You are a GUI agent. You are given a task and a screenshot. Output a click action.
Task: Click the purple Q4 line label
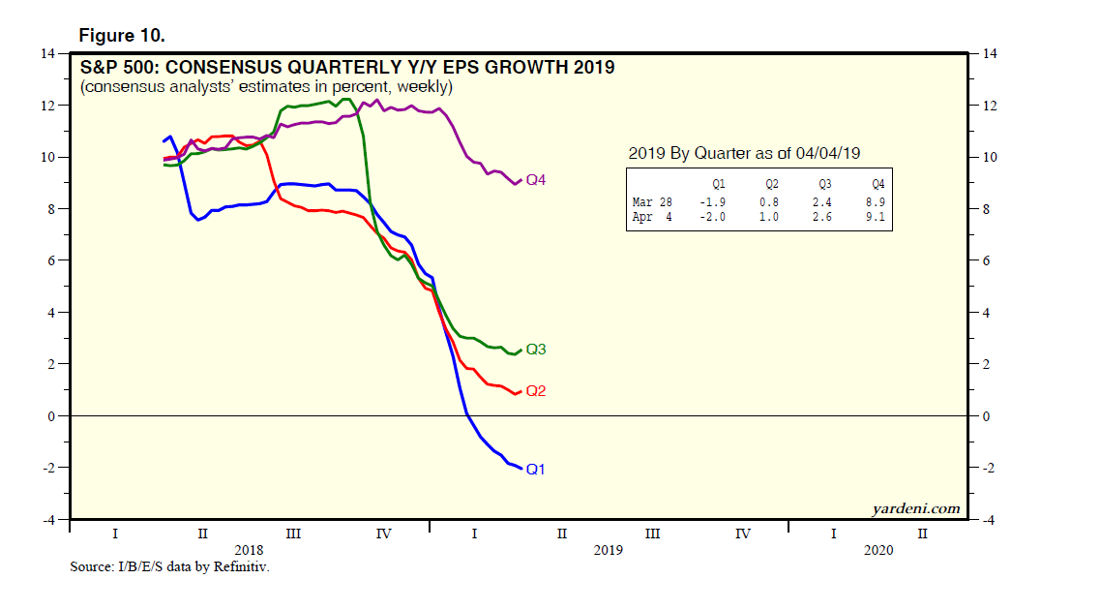[x=537, y=181]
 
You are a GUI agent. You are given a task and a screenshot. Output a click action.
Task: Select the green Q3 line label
[x=537, y=350]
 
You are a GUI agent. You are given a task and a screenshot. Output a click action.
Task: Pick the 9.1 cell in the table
[x=877, y=216]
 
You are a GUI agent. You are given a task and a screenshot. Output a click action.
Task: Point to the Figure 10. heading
[x=121, y=35]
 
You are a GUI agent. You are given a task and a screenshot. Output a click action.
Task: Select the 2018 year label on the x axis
[x=249, y=549]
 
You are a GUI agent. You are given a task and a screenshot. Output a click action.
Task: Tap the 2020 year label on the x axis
[x=878, y=549]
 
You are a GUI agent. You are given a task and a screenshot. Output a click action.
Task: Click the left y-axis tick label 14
[x=46, y=54]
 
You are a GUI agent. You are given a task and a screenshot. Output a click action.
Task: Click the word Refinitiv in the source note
[x=240, y=566]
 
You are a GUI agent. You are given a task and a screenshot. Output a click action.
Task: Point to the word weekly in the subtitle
[x=422, y=86]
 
